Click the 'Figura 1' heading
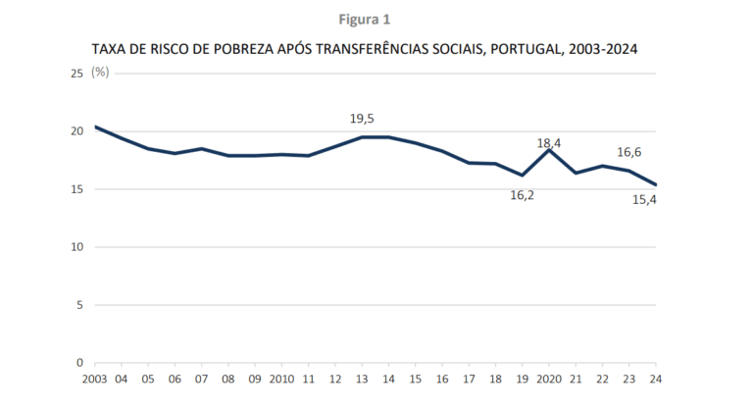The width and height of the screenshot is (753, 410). (365, 20)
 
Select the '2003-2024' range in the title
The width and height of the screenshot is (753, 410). (603, 49)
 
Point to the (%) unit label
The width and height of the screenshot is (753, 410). (100, 73)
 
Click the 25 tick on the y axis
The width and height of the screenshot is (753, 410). (76, 74)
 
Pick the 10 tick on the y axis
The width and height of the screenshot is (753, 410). (76, 247)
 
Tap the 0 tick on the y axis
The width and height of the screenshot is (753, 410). (79, 363)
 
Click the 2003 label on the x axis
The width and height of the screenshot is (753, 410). (94, 380)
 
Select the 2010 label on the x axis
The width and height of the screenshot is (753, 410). (281, 380)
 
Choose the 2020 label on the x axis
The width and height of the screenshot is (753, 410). (549, 380)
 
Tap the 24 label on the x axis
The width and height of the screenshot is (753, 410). (656, 380)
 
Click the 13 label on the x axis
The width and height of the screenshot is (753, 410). (362, 380)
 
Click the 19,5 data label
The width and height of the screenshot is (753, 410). (362, 119)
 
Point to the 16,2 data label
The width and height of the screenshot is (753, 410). (522, 195)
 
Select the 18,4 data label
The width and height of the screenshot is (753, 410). (549, 143)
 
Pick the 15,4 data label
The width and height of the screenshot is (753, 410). (644, 199)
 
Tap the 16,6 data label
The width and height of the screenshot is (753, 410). (629, 152)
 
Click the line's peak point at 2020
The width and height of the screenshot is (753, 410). (549, 150)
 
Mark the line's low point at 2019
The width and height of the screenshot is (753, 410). (522, 176)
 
